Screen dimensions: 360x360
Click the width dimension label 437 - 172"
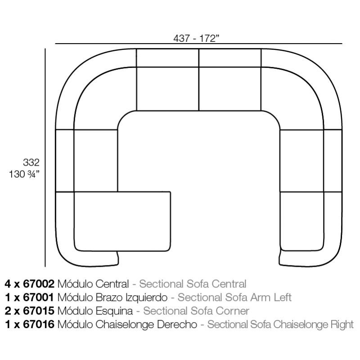[x=196, y=38]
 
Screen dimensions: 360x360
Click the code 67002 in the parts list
[x=39, y=284]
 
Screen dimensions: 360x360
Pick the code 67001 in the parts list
[x=39, y=297]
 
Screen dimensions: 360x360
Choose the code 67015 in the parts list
[x=39, y=311]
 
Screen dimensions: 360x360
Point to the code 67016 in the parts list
[x=39, y=324]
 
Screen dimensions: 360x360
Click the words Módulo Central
[x=93, y=284]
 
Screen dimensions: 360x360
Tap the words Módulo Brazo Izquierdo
[x=113, y=297]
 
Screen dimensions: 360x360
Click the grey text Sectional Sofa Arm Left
[x=235, y=297]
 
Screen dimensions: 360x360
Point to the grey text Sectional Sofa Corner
[x=196, y=311]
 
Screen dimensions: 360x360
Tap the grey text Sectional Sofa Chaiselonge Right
[x=281, y=324]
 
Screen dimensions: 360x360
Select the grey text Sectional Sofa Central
[x=193, y=284]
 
